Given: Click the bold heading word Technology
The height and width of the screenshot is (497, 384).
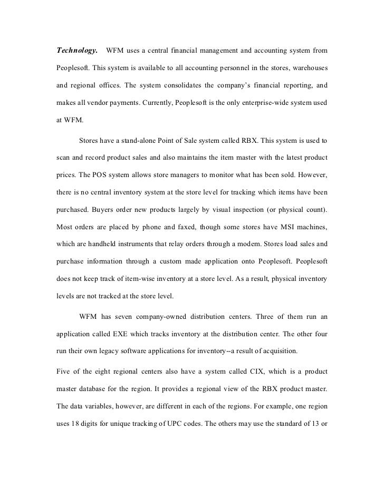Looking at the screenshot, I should click(x=76, y=51).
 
